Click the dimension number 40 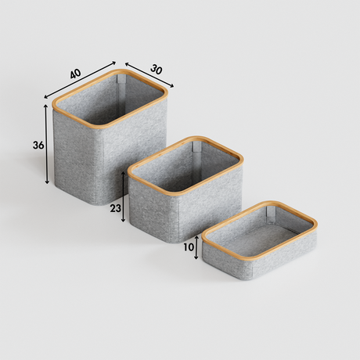[x=75, y=74]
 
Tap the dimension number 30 [x=156, y=69]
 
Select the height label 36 [x=38, y=146]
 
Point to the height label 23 [x=115, y=209]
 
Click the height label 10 [x=189, y=247]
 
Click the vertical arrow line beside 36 [x=48, y=145]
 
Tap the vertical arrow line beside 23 [x=124, y=200]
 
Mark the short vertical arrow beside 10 [x=196, y=247]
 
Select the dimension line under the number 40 [x=81, y=80]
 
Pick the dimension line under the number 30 [x=149, y=74]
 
